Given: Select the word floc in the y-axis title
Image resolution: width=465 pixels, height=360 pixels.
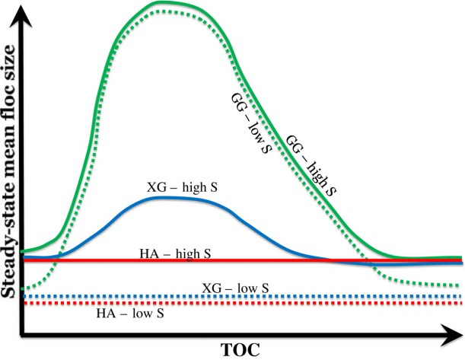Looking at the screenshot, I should coord(9,108).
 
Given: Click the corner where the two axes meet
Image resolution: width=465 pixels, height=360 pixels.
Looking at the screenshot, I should coord(22,333).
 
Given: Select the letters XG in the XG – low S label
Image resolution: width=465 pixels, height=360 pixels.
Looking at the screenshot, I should coord(211,288).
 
